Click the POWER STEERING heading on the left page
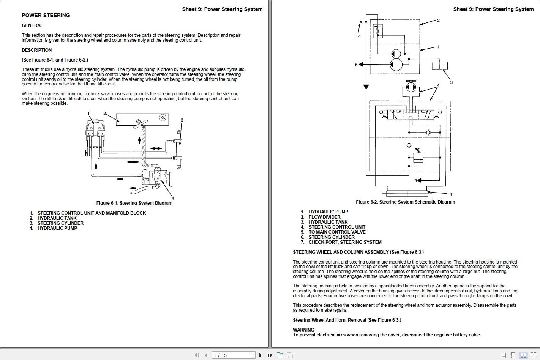(46, 16)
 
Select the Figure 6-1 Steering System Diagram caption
(134, 203)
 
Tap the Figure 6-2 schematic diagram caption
(405, 202)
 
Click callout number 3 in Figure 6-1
(182, 120)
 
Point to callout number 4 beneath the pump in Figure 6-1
(172, 198)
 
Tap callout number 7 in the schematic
(358, 36)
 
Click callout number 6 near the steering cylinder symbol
(450, 194)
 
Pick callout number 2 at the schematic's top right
(438, 21)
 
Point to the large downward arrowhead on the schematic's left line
(366, 87)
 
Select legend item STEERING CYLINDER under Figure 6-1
(60, 223)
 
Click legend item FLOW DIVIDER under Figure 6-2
(324, 217)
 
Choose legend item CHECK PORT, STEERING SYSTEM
(345, 242)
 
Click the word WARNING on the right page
(303, 330)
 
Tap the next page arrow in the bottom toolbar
(260, 355)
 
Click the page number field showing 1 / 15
(232, 355)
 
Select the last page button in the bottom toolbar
(270, 355)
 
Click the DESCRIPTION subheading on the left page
(37, 50)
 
